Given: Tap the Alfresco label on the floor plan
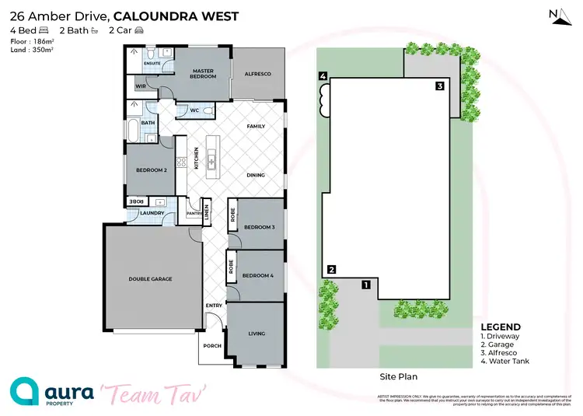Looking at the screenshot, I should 258,73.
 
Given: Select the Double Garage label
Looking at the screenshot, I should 150,278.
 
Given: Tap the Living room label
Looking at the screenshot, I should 257,334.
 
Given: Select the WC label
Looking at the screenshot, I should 196,111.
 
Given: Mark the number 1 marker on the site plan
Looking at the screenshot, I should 365,285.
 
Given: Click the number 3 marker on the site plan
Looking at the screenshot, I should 439,86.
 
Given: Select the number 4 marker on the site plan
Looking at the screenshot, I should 322,76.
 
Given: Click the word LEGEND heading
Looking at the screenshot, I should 501,327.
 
